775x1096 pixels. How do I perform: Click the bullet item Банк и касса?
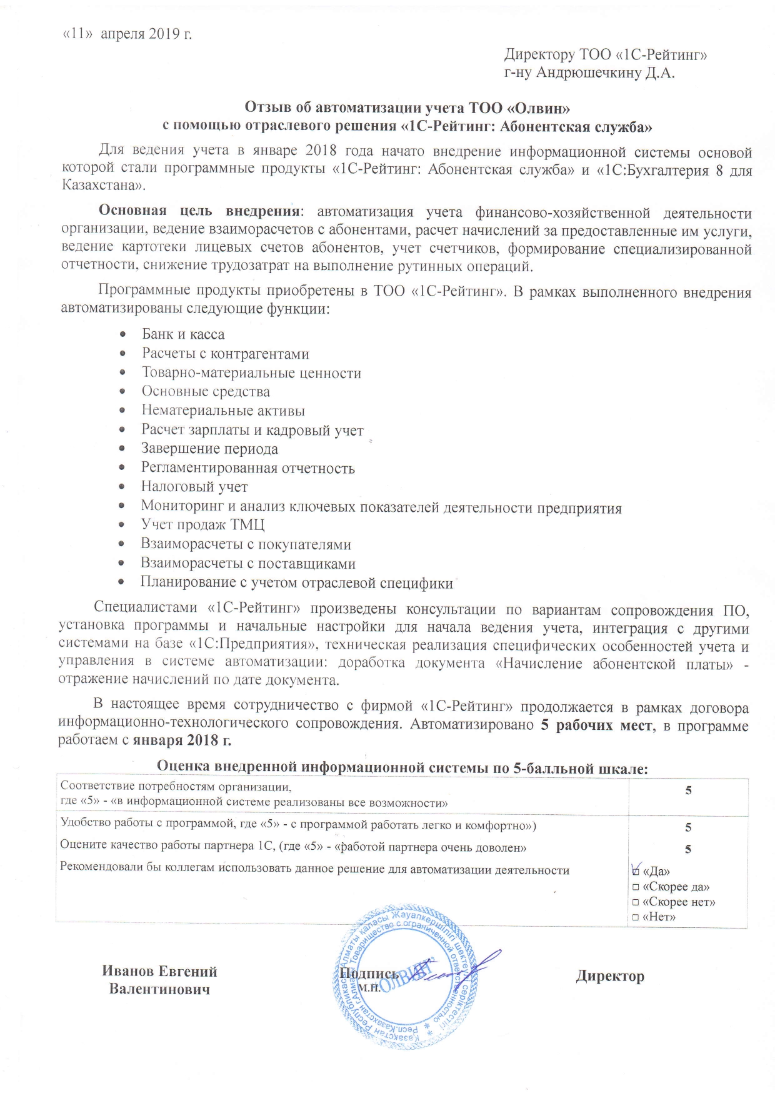(183, 334)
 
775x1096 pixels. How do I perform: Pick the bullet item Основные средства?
(206, 392)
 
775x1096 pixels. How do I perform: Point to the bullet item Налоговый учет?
(194, 487)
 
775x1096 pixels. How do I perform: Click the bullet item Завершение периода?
(209, 449)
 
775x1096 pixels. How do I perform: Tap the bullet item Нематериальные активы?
(223, 411)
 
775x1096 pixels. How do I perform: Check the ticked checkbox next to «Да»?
(636, 870)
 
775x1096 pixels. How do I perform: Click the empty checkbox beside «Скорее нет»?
(635, 902)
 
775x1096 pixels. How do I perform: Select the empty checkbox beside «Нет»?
(635, 917)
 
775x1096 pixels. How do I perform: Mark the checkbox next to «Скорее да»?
(635, 887)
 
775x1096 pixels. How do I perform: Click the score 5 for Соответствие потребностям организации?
(688, 790)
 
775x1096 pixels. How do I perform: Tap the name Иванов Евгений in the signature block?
(159, 972)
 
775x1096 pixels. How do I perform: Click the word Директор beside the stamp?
(610, 976)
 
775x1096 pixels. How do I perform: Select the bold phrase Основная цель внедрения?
(198, 210)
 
